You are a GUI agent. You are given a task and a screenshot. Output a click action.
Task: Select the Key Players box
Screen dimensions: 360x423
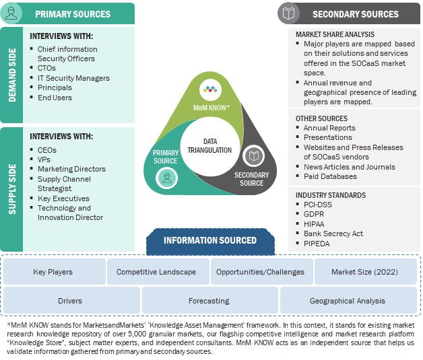(x=53, y=272)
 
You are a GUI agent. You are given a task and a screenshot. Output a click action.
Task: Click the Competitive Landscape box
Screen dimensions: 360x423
(x=156, y=272)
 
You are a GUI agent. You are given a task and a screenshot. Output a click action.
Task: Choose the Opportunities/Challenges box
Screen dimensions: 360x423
(x=260, y=272)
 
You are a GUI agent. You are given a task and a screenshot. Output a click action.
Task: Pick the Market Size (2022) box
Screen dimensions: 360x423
(x=363, y=272)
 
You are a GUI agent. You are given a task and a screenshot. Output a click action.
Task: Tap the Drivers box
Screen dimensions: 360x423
(x=70, y=300)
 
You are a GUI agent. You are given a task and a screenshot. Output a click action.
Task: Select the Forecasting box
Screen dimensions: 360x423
(x=208, y=300)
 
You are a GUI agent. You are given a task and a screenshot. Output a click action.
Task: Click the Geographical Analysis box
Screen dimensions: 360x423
(x=347, y=300)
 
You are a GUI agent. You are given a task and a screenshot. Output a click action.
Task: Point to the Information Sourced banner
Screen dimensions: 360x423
(x=200, y=240)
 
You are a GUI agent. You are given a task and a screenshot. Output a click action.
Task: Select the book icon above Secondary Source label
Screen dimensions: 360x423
(x=253, y=156)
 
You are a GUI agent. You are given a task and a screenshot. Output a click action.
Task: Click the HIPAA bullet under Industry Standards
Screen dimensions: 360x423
(x=314, y=224)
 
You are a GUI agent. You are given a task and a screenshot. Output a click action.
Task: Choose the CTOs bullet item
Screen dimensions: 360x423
(x=47, y=68)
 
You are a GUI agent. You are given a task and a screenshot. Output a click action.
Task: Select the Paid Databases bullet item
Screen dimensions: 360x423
(x=330, y=176)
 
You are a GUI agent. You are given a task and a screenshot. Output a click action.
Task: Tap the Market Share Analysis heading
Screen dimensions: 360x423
(x=335, y=34)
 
